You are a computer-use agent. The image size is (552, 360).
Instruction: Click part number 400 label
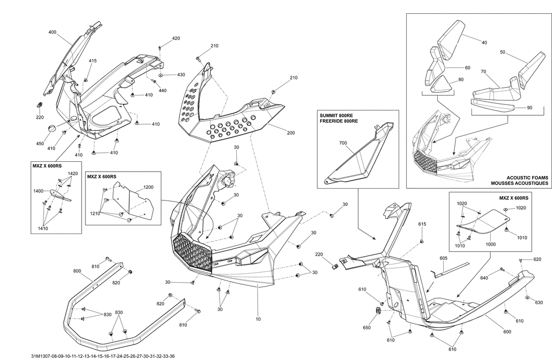pos(52,33)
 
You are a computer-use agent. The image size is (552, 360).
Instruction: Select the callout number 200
pos(291,133)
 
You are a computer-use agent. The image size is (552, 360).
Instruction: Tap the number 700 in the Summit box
pos(343,143)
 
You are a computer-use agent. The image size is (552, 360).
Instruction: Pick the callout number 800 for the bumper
pos(77,271)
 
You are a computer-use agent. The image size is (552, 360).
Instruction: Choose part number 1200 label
pos(148,187)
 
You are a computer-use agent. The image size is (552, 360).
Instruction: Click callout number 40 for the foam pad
pos(484,43)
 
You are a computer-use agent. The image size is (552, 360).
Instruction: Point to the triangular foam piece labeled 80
pos(440,84)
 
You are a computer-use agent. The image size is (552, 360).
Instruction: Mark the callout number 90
pos(529,108)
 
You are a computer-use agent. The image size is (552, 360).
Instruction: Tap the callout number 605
pos(443,258)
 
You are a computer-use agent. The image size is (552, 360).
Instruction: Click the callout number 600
pos(507,331)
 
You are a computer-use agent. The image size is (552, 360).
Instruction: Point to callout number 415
pos(93,60)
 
